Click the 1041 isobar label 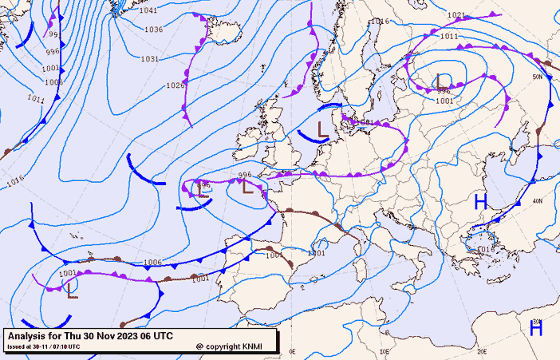click(x=148, y=10)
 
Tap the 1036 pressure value click(x=153, y=30)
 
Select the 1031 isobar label click(x=149, y=59)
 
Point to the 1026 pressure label click(x=175, y=85)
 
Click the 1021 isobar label click(x=456, y=15)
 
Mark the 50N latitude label click(x=538, y=77)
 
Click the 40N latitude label click(x=538, y=200)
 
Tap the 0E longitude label click(x=292, y=351)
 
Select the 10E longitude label click(x=385, y=351)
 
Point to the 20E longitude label click(x=482, y=351)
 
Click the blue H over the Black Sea click(x=480, y=202)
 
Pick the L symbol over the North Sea click(x=321, y=128)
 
